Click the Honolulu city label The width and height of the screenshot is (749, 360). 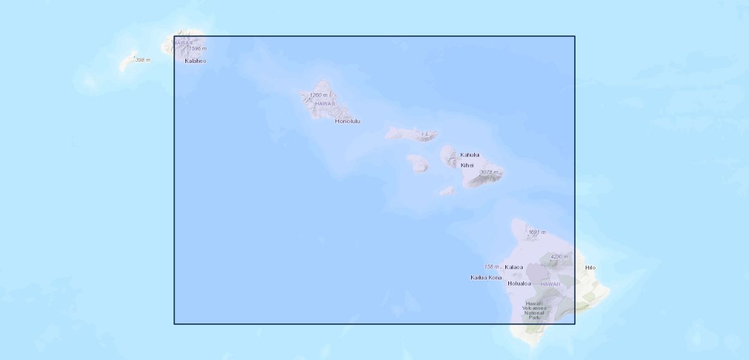pyautogui.click(x=347, y=121)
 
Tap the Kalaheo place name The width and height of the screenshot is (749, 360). pyautogui.click(x=195, y=61)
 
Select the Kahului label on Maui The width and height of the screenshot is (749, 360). pyautogui.click(x=469, y=155)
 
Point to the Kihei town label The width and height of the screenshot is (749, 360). pyautogui.click(x=467, y=165)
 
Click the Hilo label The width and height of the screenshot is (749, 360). pyautogui.click(x=591, y=268)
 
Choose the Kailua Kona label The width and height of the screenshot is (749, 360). pyautogui.click(x=486, y=277)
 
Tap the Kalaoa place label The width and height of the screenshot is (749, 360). pyautogui.click(x=514, y=267)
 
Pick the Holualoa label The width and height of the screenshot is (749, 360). pyautogui.click(x=519, y=283)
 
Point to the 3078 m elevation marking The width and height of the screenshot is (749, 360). pyautogui.click(x=489, y=172)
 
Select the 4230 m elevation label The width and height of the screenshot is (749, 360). pyautogui.click(x=559, y=257)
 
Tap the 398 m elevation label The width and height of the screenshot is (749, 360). pyautogui.click(x=143, y=60)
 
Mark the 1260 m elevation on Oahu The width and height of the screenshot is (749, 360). pyautogui.click(x=319, y=95)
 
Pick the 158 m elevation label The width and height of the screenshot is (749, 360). pyautogui.click(x=492, y=266)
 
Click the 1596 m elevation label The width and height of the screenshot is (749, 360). pyautogui.click(x=197, y=49)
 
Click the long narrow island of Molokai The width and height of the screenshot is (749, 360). pyautogui.click(x=411, y=133)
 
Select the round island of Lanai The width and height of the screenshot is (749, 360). pyautogui.click(x=418, y=163)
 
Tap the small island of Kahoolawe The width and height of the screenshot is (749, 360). pyautogui.click(x=447, y=191)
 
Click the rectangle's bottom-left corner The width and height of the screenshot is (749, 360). pyautogui.click(x=175, y=324)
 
